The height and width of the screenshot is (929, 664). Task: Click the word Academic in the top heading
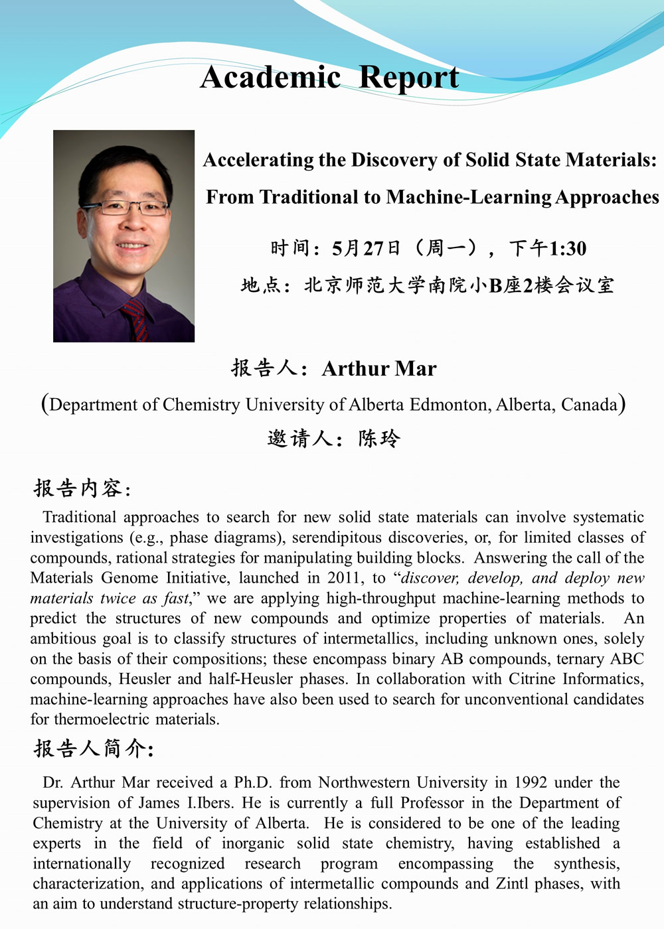tap(271, 78)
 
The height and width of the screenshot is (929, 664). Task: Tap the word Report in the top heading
tap(408, 78)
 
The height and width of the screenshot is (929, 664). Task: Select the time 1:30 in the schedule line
tap(568, 249)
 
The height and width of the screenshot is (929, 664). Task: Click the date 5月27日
tap(367, 249)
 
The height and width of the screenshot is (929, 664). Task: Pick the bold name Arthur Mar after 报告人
tap(379, 368)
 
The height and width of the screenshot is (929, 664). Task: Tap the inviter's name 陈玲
tap(379, 439)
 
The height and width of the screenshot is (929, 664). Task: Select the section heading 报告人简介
tap(92, 749)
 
